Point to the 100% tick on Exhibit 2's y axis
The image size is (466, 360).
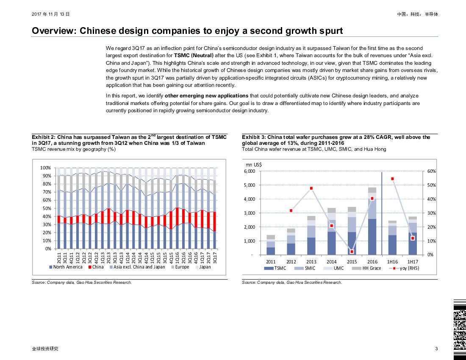[45, 168]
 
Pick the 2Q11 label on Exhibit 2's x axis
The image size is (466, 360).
[58, 257]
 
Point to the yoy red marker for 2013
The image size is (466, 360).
[311, 188]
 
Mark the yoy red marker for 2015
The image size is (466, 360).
[352, 252]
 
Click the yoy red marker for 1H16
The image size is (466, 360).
[393, 179]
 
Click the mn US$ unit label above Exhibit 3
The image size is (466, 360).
[253, 164]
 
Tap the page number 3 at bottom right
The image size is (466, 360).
[436, 349]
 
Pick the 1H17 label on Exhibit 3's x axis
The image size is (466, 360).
[413, 262]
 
